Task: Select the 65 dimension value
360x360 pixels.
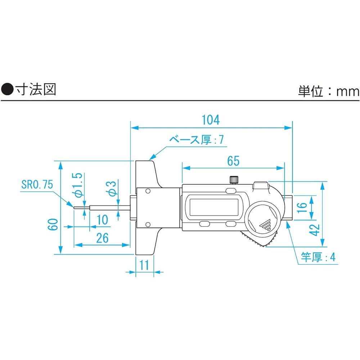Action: pos(233,161)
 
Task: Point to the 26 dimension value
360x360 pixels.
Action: pos(102,238)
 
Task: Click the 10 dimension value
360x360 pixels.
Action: pos(103,220)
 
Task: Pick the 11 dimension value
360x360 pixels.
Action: pos(144,265)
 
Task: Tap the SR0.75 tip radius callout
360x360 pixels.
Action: pos(37,185)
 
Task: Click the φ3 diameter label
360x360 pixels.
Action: pos(112,188)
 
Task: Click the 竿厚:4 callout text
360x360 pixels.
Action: pos(318,257)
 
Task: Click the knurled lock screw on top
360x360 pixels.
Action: pos(234,179)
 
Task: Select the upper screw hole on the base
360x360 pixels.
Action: pos(147,192)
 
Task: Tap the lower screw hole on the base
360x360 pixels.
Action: pos(147,225)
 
